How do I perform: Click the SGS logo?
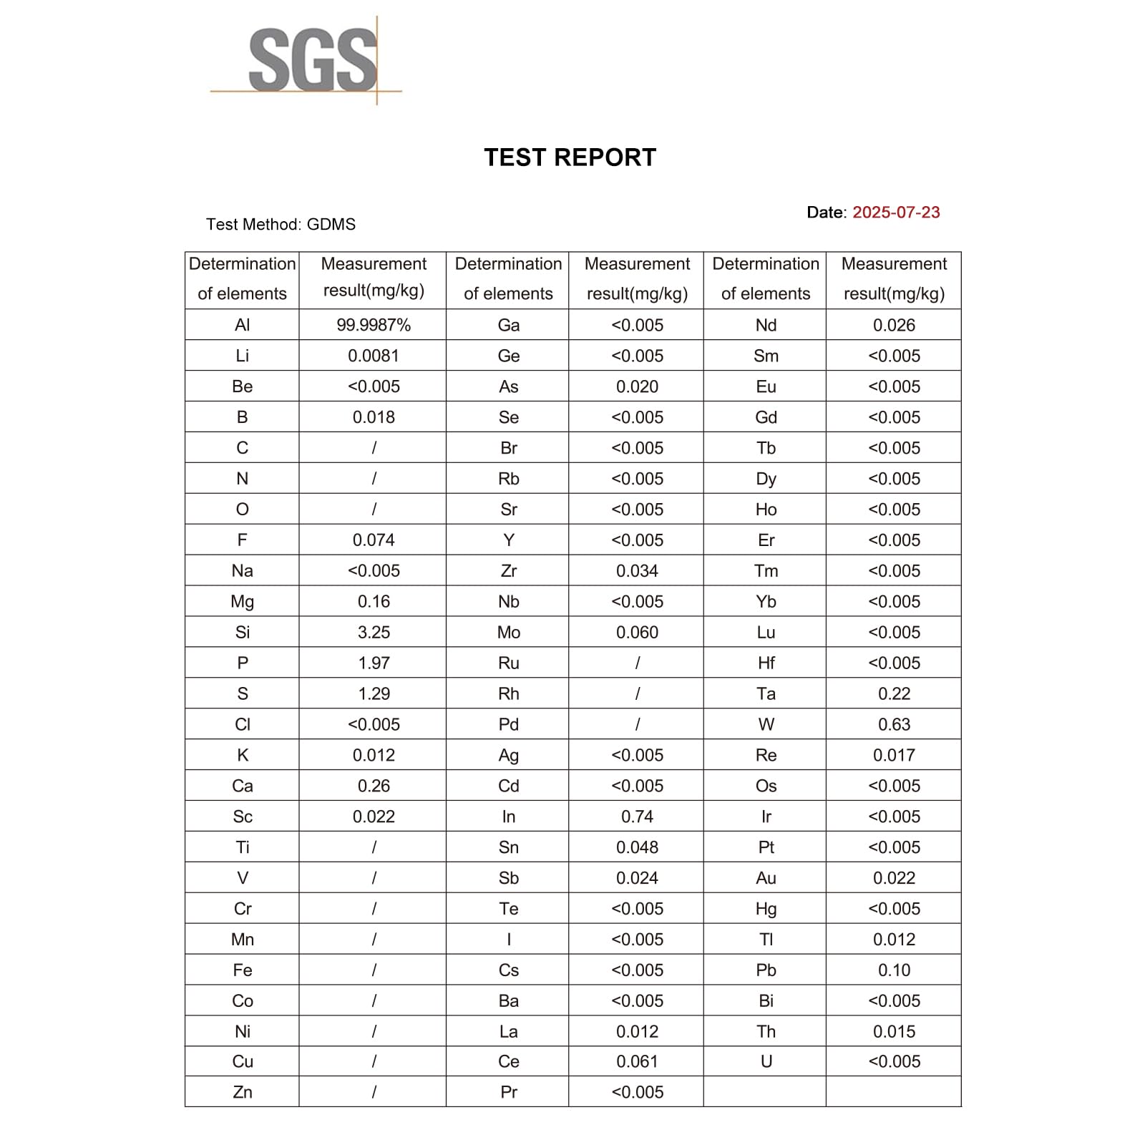point(313,61)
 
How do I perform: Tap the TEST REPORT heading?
point(570,157)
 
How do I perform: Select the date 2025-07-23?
point(896,213)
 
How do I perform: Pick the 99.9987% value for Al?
point(374,326)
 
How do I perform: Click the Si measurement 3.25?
point(374,633)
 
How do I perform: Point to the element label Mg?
point(243,602)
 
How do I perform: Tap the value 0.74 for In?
point(637,817)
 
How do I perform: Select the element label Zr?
point(508,571)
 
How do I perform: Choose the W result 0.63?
point(894,725)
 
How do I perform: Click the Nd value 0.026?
point(894,326)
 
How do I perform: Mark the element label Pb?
point(766,970)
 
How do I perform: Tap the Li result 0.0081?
point(374,356)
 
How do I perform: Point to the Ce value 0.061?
point(637,1062)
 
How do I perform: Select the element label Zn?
point(243,1093)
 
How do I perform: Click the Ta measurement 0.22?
point(894,694)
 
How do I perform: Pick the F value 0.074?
point(374,540)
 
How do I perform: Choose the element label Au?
point(766,878)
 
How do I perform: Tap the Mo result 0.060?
point(637,633)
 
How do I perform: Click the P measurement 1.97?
point(374,663)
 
